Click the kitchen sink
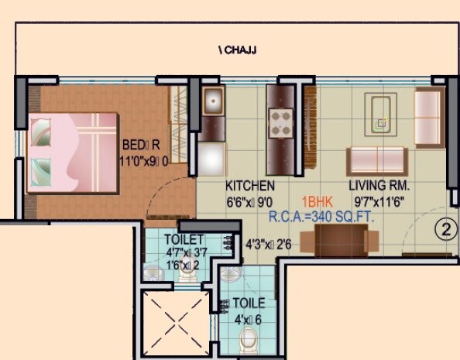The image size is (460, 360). click(x=212, y=102)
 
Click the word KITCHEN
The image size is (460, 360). click(x=249, y=186)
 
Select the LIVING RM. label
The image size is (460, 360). click(x=379, y=186)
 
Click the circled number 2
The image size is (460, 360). click(x=444, y=228)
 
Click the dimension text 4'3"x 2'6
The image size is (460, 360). click(x=268, y=243)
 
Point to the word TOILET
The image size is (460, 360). click(x=184, y=239)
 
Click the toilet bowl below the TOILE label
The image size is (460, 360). click(x=249, y=339)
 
